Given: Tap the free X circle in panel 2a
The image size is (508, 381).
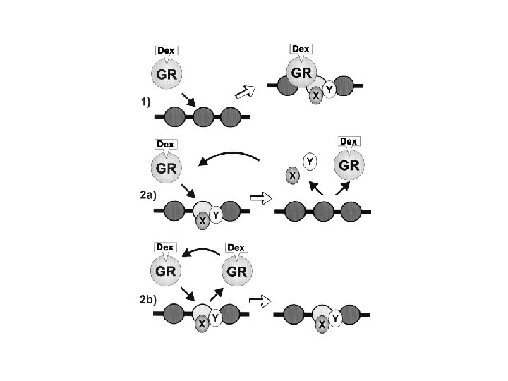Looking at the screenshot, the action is pyautogui.click(x=291, y=176).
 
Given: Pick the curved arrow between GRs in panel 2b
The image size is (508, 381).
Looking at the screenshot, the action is pyautogui.click(x=200, y=252).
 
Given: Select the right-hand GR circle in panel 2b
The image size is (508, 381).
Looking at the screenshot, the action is pyautogui.click(x=236, y=272).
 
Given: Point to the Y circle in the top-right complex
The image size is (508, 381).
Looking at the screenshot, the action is pyautogui.click(x=329, y=88).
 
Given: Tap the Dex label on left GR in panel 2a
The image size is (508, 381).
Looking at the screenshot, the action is pyautogui.click(x=165, y=145).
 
